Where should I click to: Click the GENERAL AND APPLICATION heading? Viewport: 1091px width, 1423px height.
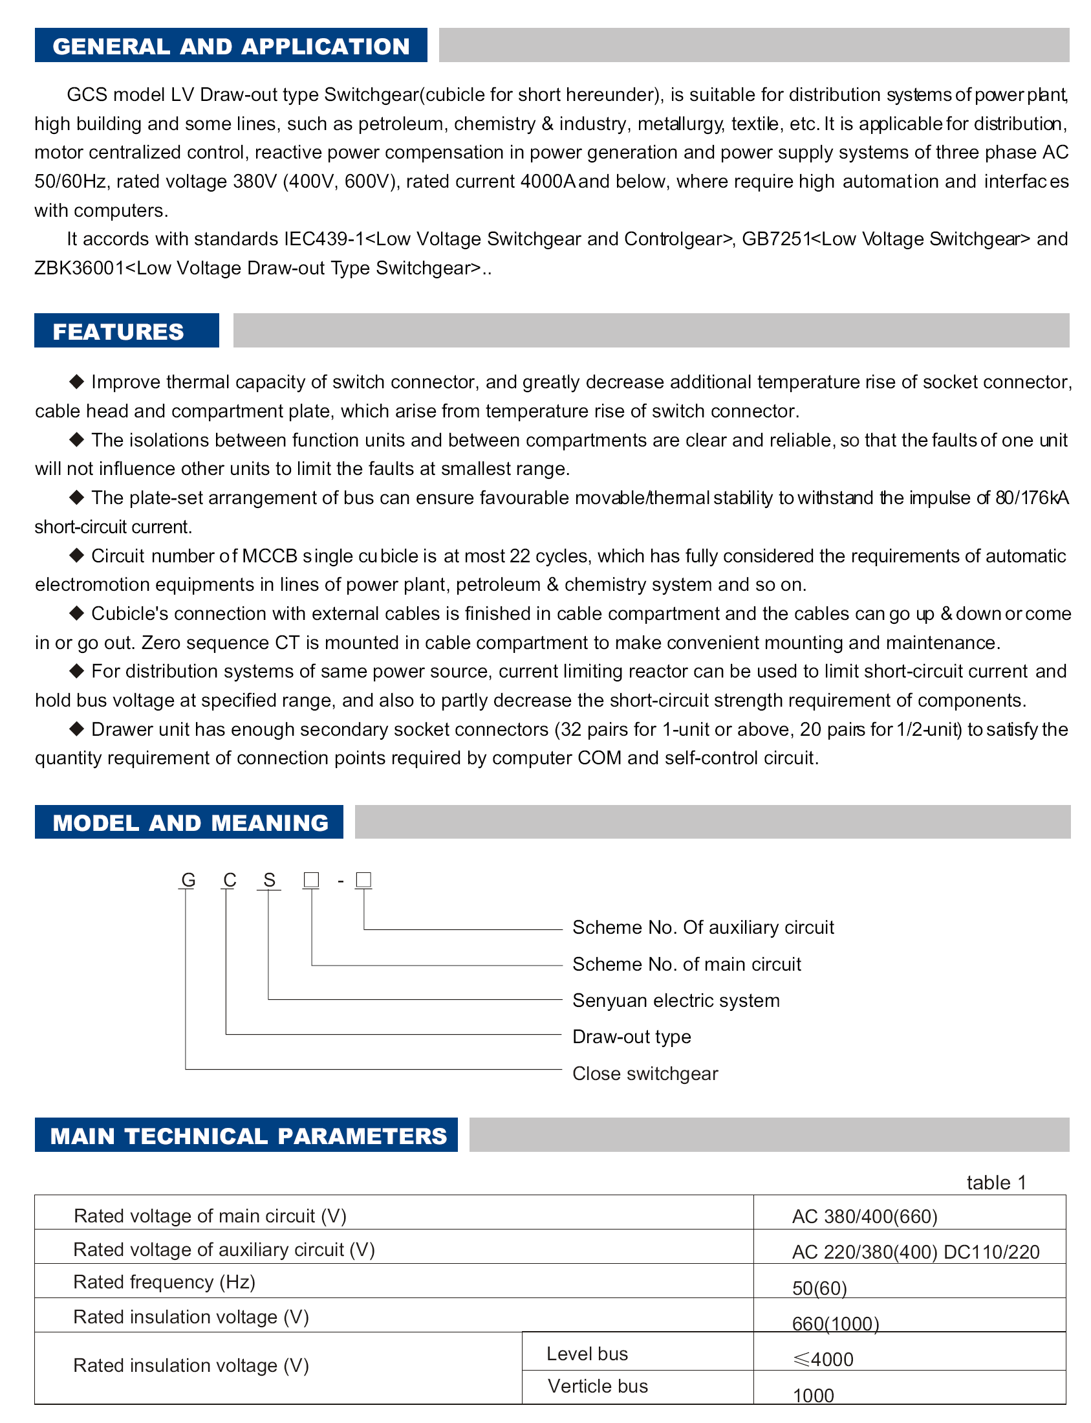pyautogui.click(x=230, y=46)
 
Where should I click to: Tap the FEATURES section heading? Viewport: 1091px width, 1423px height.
pyautogui.click(x=118, y=331)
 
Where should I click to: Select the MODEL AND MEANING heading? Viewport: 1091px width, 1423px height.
pyautogui.click(x=190, y=822)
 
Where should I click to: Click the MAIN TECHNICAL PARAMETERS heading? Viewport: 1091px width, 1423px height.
pyautogui.click(x=248, y=1136)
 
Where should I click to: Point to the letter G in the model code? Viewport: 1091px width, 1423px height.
pyautogui.click(x=188, y=880)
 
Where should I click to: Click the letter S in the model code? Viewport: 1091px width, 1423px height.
pyautogui.click(x=270, y=880)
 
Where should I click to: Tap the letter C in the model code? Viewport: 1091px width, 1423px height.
pyautogui.click(x=229, y=880)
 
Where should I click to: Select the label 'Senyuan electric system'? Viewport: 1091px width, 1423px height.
pyautogui.click(x=675, y=1000)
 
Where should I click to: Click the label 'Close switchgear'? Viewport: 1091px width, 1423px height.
pyautogui.click(x=645, y=1074)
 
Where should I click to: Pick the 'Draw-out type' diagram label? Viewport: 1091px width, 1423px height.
pyautogui.click(x=631, y=1037)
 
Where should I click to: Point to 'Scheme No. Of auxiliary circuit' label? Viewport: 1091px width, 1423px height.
pyautogui.click(x=703, y=927)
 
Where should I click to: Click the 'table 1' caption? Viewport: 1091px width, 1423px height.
pyautogui.click(x=996, y=1182)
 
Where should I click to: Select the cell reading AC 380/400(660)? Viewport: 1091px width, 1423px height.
pyautogui.click(x=865, y=1217)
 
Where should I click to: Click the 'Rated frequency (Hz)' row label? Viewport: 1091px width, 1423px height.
pyautogui.click(x=164, y=1282)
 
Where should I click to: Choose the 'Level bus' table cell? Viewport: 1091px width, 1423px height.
pyautogui.click(x=587, y=1354)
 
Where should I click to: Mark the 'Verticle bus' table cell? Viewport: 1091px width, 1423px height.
pyautogui.click(x=598, y=1386)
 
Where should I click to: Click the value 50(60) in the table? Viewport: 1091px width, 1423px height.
pyautogui.click(x=819, y=1288)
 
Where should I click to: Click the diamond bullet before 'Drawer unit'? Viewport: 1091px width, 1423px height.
pyautogui.click(x=76, y=729)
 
